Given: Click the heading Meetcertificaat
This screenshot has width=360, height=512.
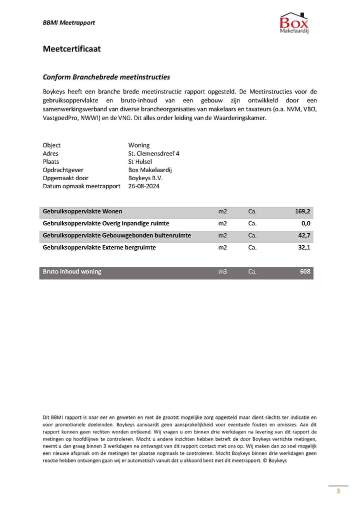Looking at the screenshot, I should [x=71, y=49].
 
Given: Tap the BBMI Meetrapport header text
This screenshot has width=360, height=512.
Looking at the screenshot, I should [x=68, y=23].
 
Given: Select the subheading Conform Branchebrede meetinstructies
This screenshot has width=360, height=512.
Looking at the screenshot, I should [x=106, y=77].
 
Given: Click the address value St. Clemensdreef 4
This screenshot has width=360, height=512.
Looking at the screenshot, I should [x=153, y=154].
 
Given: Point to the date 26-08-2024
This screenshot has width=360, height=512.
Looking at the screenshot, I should [x=144, y=186].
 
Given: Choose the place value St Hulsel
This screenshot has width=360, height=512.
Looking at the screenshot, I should [x=140, y=162].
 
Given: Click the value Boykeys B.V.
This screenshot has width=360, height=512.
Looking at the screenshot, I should [x=145, y=178].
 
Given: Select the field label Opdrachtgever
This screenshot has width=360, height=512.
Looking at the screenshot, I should [x=63, y=170].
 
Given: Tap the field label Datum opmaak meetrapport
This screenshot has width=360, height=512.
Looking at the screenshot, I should [x=81, y=186].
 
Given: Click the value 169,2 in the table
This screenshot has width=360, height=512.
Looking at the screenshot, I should [x=302, y=212].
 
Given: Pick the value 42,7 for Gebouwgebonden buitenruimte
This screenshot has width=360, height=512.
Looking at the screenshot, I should [x=304, y=236].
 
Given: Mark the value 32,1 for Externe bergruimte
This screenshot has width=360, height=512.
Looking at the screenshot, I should [x=304, y=248].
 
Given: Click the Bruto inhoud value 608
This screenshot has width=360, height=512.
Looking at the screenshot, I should [x=305, y=272].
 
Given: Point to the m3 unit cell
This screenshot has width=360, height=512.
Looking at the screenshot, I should [x=222, y=272].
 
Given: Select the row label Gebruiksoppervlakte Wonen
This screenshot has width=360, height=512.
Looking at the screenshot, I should [x=82, y=212].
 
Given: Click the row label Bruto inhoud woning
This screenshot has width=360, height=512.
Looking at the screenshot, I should [x=72, y=272].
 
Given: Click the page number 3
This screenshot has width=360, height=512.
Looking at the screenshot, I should [x=338, y=491].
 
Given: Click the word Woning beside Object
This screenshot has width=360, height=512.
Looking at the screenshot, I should [x=138, y=146].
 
